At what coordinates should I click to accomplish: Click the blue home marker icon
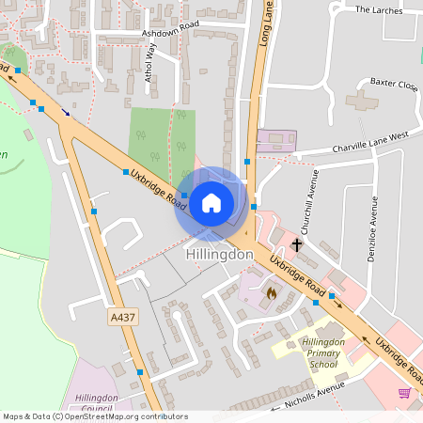coord(211,202)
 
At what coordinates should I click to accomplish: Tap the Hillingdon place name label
coord(220,255)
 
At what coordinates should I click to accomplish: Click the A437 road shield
coord(123,318)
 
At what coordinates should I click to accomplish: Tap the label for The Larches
coord(378,10)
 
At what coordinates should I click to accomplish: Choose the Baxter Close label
coord(394,85)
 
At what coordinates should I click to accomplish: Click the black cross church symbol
coord(297,245)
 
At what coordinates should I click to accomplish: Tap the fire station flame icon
coord(271,292)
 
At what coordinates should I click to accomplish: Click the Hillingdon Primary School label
coord(322,352)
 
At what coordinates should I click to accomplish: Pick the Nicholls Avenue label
coord(309,399)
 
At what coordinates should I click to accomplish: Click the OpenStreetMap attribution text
coord(94,416)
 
